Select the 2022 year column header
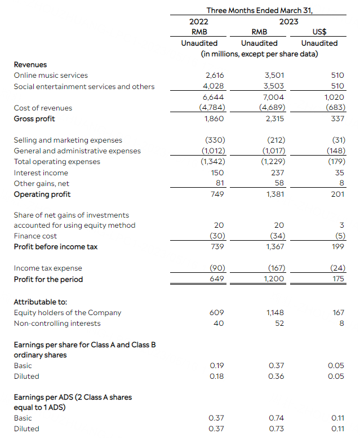pyautogui.click(x=199, y=21)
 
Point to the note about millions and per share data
pyautogui.click(x=259, y=54)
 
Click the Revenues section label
pyautogui.click(x=30, y=65)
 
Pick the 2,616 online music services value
pyautogui.click(x=213, y=76)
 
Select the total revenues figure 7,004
pyautogui.click(x=274, y=97)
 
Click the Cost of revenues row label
pyautogui.click(x=43, y=108)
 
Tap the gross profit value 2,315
pyautogui.click(x=274, y=118)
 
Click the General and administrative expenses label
pyautogui.click(x=77, y=151)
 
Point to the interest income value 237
pyautogui.click(x=277, y=173)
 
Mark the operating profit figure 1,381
pyautogui.click(x=274, y=194)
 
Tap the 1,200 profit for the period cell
pyautogui.click(x=274, y=279)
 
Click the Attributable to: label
pyautogui.click(x=41, y=302)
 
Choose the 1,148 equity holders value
pyautogui.click(x=274, y=313)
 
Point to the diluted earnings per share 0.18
pyautogui.click(x=216, y=376)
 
